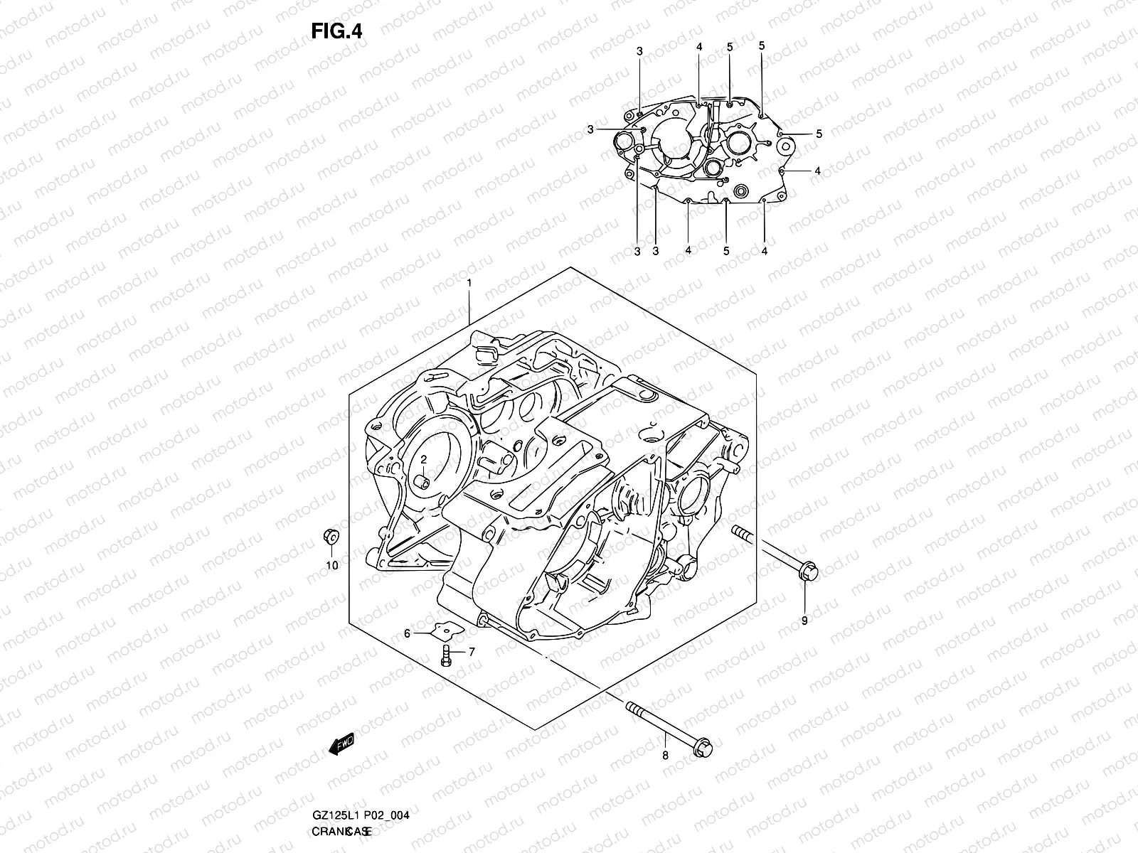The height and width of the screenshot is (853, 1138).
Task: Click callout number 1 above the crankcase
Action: click(x=469, y=283)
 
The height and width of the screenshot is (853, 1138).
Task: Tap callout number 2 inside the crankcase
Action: click(x=422, y=460)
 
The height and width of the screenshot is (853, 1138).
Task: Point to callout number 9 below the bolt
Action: click(x=804, y=621)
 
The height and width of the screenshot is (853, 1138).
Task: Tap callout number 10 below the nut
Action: click(x=331, y=566)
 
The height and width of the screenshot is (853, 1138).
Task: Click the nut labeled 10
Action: click(x=331, y=537)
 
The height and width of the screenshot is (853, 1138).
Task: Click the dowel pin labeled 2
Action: click(x=424, y=485)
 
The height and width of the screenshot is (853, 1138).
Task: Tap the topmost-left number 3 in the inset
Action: click(x=639, y=51)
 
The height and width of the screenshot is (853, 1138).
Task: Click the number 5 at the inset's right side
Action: click(x=819, y=134)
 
